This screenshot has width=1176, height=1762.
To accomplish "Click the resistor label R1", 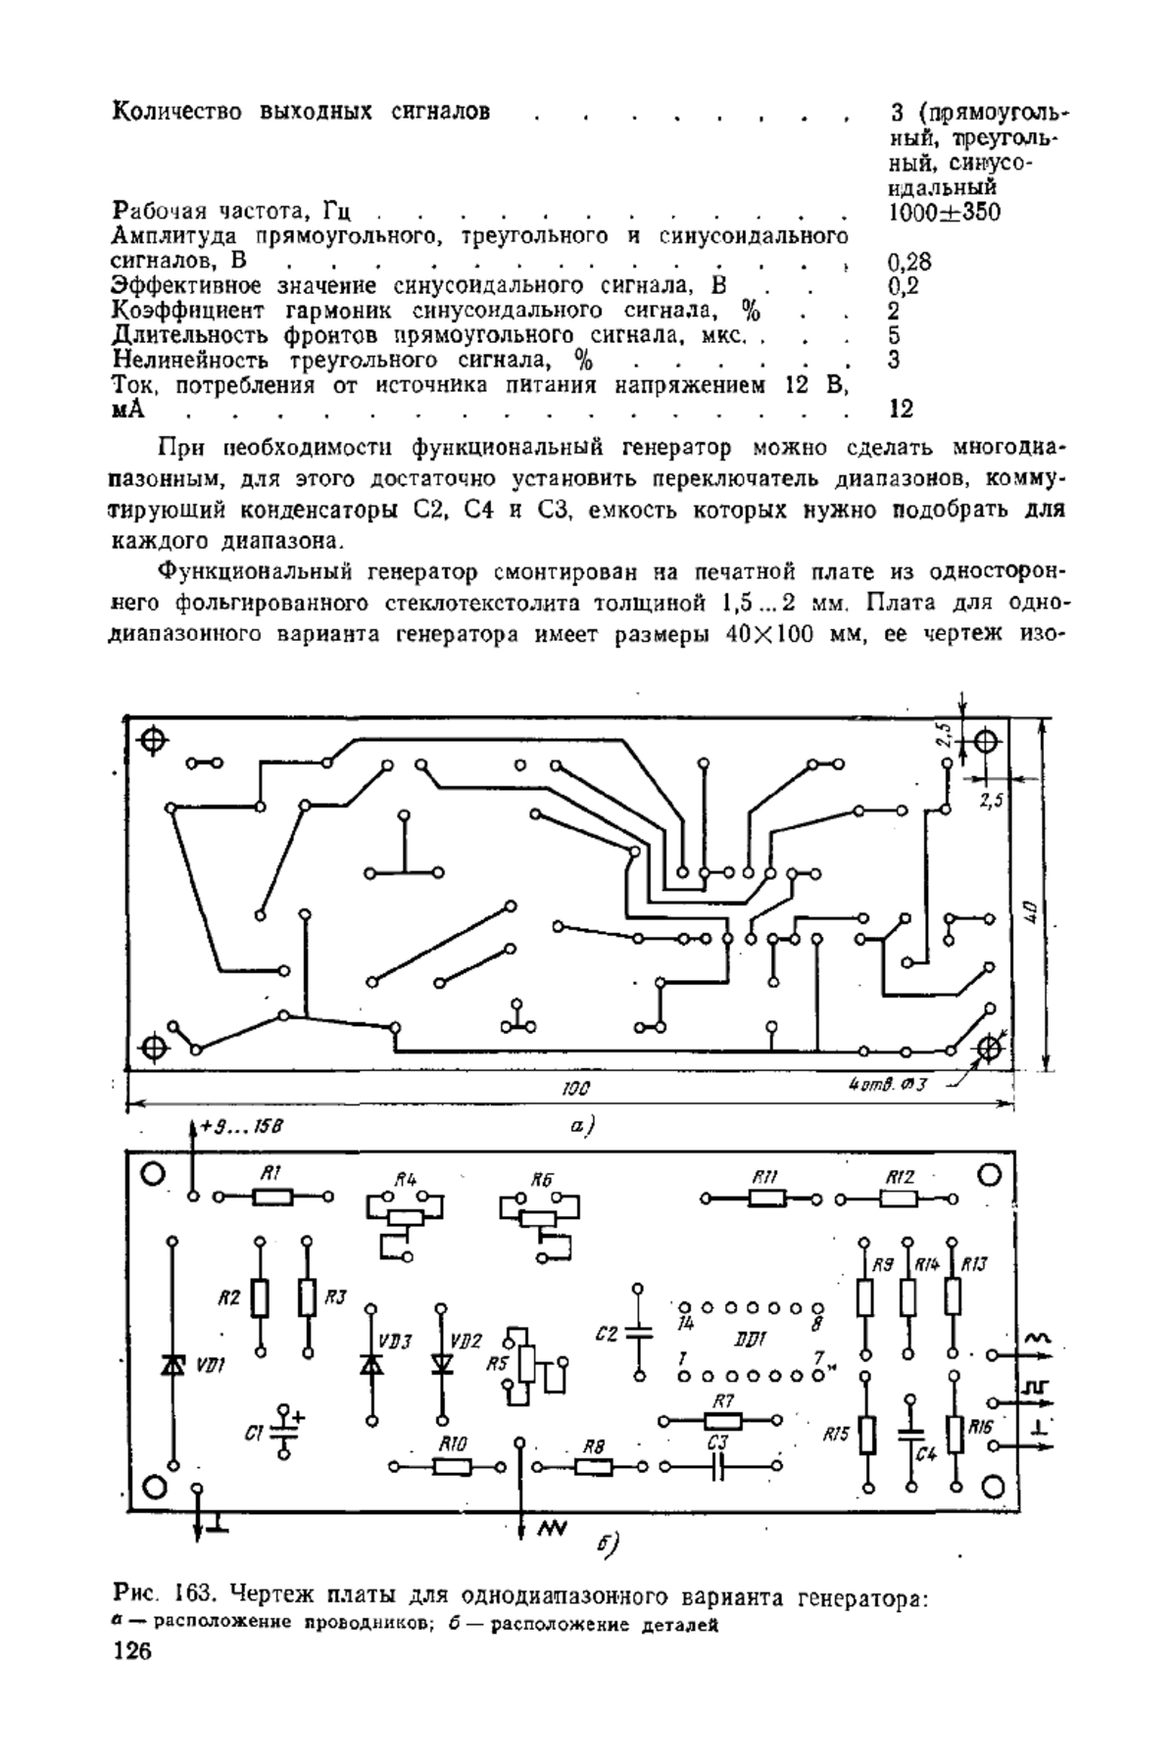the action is (x=271, y=1173).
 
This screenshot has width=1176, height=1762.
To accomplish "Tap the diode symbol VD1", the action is (x=174, y=1364).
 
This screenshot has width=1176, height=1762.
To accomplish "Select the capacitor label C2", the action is (x=607, y=1335).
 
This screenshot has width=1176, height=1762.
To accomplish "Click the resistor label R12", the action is (x=900, y=1176).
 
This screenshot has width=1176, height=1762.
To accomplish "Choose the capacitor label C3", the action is (x=717, y=1443).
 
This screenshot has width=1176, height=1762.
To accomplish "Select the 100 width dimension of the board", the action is (x=575, y=1089).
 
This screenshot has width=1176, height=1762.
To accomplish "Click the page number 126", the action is (x=133, y=1652).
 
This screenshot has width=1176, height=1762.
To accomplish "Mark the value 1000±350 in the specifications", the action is (x=945, y=213).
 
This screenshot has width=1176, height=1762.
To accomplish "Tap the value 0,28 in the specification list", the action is (x=909, y=262).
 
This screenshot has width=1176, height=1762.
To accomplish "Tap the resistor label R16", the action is (x=980, y=1428).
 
